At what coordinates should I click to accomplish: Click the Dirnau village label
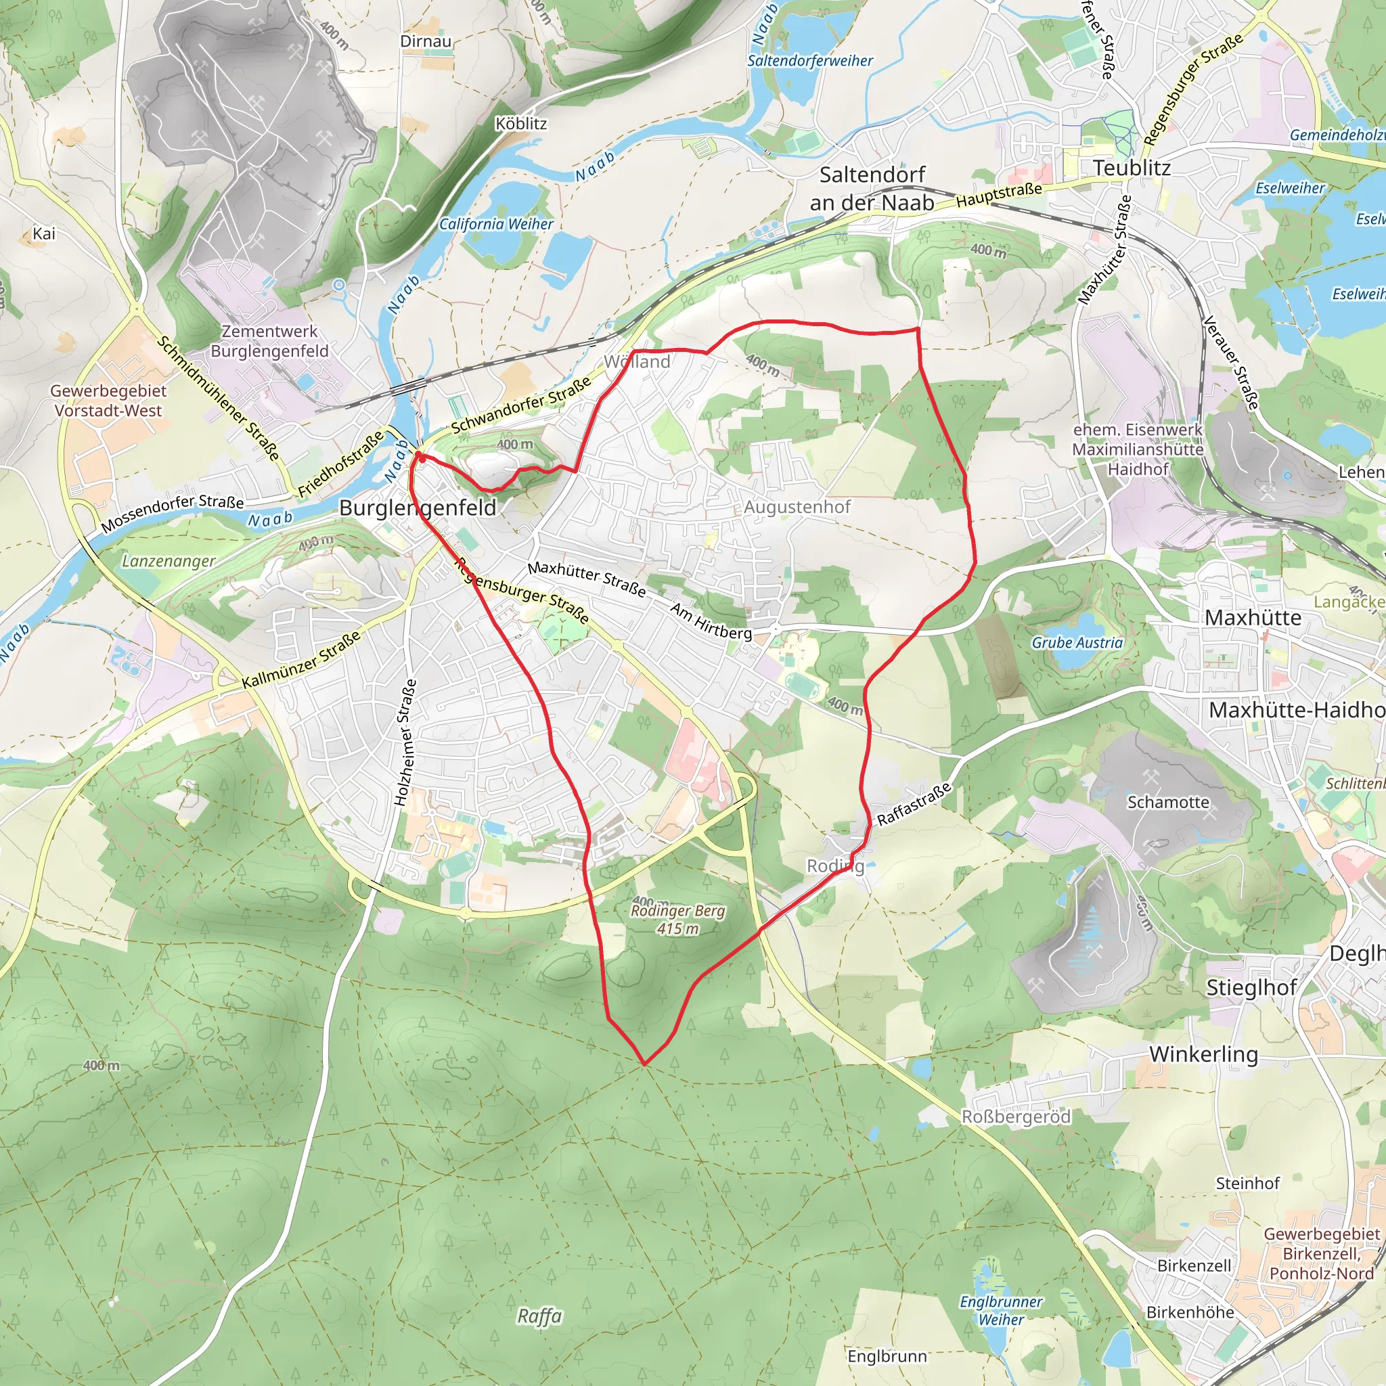pyautogui.click(x=426, y=41)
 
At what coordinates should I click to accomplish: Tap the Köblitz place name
pyautogui.click(x=521, y=124)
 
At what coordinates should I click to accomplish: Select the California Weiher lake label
pyautogui.click(x=497, y=225)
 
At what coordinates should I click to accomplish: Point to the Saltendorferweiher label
pyautogui.click(x=810, y=61)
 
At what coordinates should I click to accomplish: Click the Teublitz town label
pyautogui.click(x=1132, y=168)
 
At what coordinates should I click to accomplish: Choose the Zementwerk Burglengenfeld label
pyautogui.click(x=270, y=342)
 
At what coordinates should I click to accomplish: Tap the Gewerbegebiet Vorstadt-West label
pyautogui.click(x=108, y=401)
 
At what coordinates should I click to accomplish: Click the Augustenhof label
pyautogui.click(x=797, y=507)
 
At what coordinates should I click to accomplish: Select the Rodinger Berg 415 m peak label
pyautogui.click(x=678, y=920)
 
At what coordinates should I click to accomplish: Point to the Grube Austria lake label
pyautogui.click(x=1077, y=643)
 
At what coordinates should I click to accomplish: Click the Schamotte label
pyautogui.click(x=1168, y=802)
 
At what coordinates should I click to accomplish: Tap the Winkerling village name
pyautogui.click(x=1203, y=1054)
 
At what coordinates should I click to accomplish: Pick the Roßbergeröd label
pyautogui.click(x=1016, y=1117)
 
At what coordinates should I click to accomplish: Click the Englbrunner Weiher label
pyautogui.click(x=1002, y=1310)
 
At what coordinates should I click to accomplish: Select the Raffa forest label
pyautogui.click(x=539, y=1316)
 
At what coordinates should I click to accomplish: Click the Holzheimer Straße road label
pyautogui.click(x=405, y=742)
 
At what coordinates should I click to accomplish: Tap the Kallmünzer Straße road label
pyautogui.click(x=301, y=661)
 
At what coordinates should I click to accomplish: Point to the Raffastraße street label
pyautogui.click(x=915, y=803)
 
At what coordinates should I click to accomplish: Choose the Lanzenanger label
pyautogui.click(x=169, y=561)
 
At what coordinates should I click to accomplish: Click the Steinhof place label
pyautogui.click(x=1247, y=1184)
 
